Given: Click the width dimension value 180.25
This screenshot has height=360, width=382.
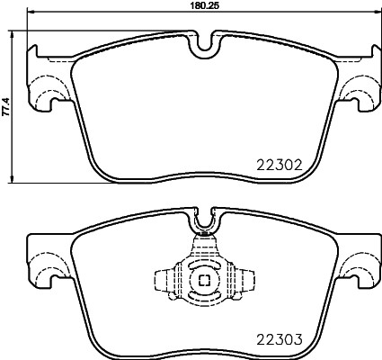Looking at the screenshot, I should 199,5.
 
